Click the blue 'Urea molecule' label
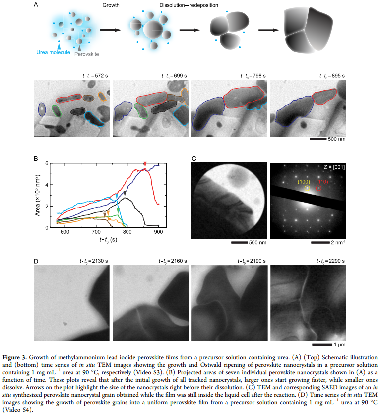[x=53, y=52]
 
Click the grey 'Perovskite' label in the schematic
[x=86, y=54]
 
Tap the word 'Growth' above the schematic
[x=111, y=5]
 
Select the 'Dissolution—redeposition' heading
[x=189, y=5]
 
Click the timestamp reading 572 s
[x=95, y=76]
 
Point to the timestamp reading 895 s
[x=332, y=76]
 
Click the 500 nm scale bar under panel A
[x=318, y=139]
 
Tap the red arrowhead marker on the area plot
[x=145, y=164]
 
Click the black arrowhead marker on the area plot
[x=125, y=193]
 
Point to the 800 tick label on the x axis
[x=127, y=232]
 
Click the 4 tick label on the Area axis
[x=47, y=185]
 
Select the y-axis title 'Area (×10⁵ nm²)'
[x=38, y=195]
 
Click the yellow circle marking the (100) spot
[x=307, y=188]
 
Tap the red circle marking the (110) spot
[x=319, y=188]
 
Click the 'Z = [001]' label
[x=334, y=167]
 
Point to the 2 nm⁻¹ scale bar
[x=320, y=242]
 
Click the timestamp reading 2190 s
[x=252, y=261]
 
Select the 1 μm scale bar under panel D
[x=322, y=345]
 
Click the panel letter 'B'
[x=36, y=159]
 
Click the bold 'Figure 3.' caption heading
[x=14, y=357]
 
